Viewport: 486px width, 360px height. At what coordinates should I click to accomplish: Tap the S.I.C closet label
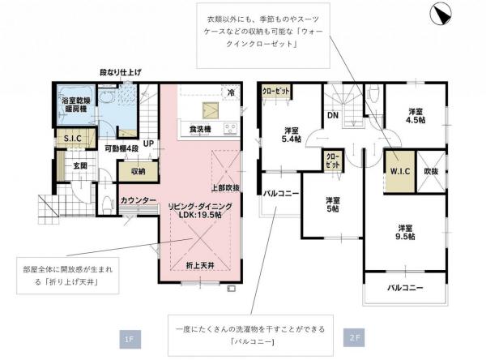[x=71, y=139]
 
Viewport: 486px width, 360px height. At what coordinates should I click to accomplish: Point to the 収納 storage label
[x=137, y=171]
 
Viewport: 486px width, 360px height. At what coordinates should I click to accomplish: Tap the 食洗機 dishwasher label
[x=200, y=129]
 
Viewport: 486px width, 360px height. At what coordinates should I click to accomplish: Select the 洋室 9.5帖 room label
[x=406, y=231]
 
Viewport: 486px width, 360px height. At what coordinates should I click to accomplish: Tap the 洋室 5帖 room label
[x=333, y=204]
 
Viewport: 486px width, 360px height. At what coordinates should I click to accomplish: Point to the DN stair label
[x=333, y=114]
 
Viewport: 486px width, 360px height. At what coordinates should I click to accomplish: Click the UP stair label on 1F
[x=148, y=144]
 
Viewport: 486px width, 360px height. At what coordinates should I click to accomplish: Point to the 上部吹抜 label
[x=225, y=187]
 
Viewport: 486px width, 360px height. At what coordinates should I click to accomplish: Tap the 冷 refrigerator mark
[x=232, y=92]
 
